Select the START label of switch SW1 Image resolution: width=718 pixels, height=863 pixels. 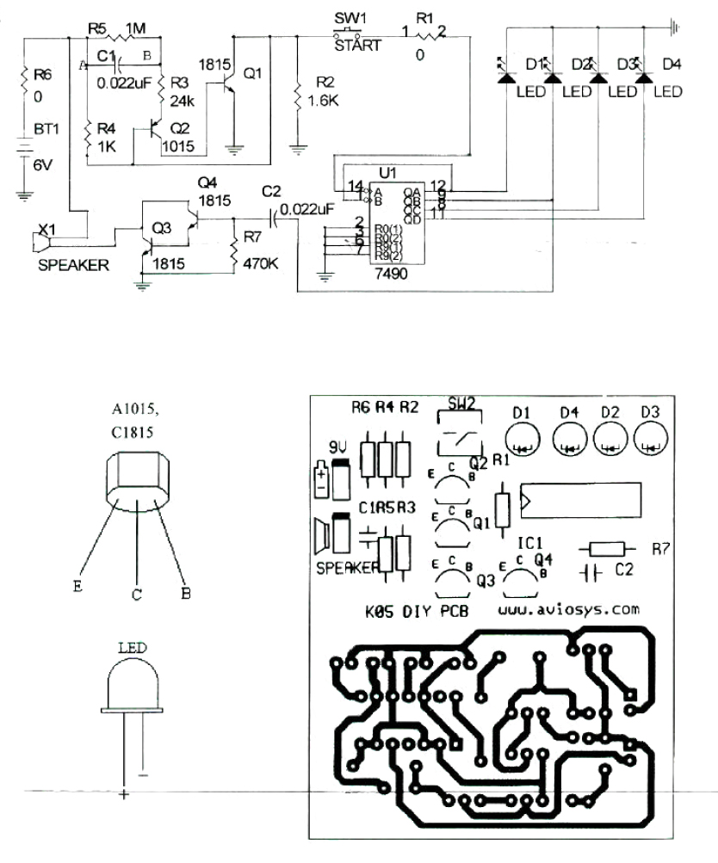357,46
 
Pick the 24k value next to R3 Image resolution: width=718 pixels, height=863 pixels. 182,99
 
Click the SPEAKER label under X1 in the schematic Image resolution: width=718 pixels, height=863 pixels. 73,265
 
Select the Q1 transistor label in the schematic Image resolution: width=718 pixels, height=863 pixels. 253,74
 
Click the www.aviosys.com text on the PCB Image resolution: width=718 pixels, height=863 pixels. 568,609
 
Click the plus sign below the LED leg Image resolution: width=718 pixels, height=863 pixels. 124,794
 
